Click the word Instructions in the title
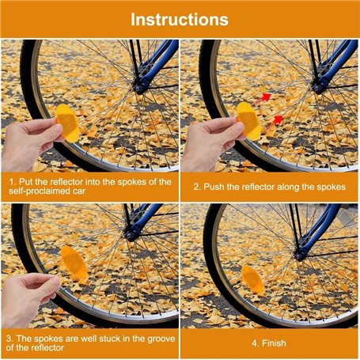point(180,20)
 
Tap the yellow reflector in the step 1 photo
point(67,123)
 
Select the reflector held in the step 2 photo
point(248,121)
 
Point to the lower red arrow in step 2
point(274,123)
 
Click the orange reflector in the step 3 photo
point(74,263)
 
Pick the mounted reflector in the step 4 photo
point(252,279)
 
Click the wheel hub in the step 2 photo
point(319,87)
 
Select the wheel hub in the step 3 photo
point(131,234)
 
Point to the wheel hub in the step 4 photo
point(301,254)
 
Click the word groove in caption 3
point(161,339)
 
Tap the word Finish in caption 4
point(274,343)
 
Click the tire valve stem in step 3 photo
point(51,269)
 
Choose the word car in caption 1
point(79,191)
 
